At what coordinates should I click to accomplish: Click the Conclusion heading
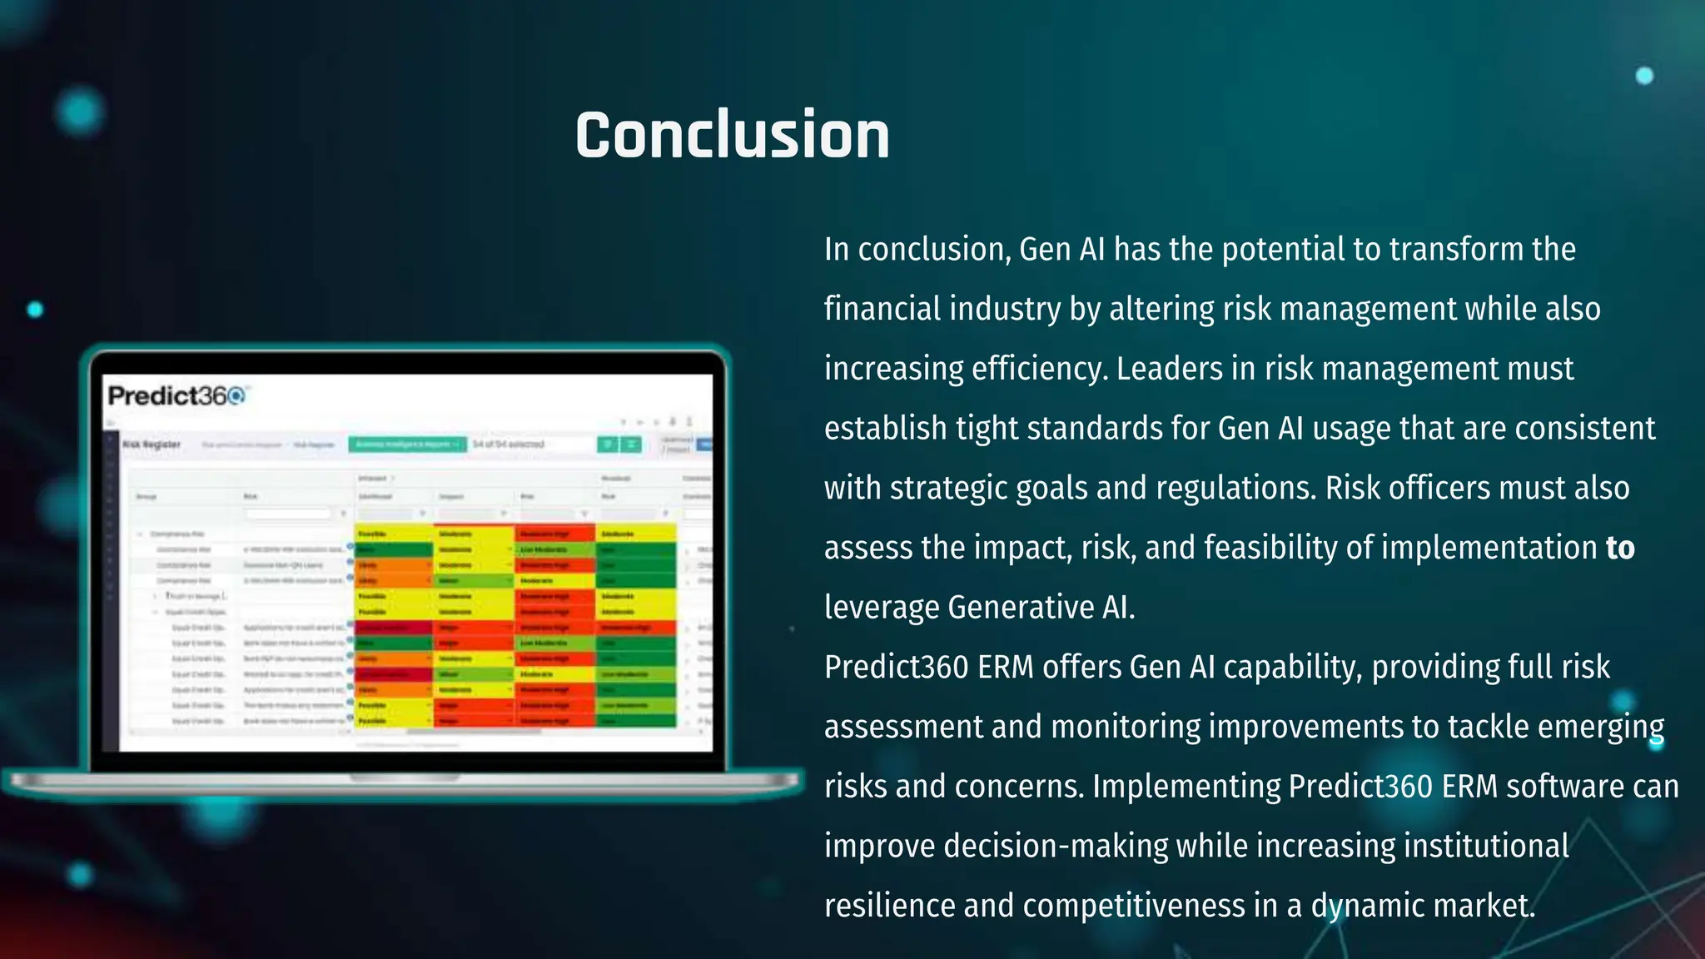point(732,135)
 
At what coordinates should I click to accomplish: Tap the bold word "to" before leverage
point(1620,548)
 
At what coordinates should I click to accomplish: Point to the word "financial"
point(882,309)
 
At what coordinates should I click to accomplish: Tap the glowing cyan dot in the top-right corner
point(1644,76)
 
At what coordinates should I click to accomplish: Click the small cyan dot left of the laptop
point(35,310)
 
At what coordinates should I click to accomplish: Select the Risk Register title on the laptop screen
point(152,445)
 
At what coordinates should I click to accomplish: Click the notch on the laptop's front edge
point(405,778)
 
